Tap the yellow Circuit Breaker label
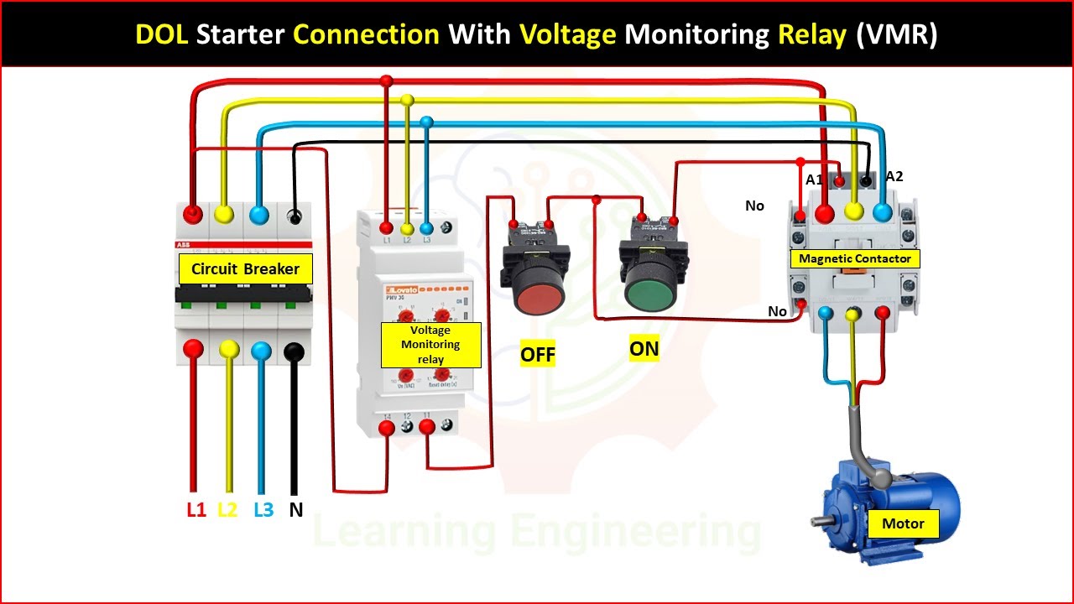pyautogui.click(x=245, y=269)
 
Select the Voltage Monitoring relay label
pyautogui.click(x=430, y=345)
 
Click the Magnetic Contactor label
pyautogui.click(x=854, y=258)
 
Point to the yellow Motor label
pyautogui.click(x=903, y=523)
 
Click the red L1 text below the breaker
pyautogui.click(x=196, y=509)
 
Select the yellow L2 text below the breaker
pyautogui.click(x=228, y=509)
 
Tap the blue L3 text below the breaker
pyautogui.click(x=263, y=509)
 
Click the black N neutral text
pyautogui.click(x=295, y=509)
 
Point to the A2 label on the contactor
pyautogui.click(x=894, y=176)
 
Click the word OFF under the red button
pyautogui.click(x=538, y=354)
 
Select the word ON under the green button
pyautogui.click(x=644, y=349)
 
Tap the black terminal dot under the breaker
pyautogui.click(x=294, y=351)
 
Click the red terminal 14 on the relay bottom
pyautogui.click(x=387, y=429)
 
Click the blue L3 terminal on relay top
pyautogui.click(x=426, y=227)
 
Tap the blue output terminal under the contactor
pyautogui.click(x=826, y=314)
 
